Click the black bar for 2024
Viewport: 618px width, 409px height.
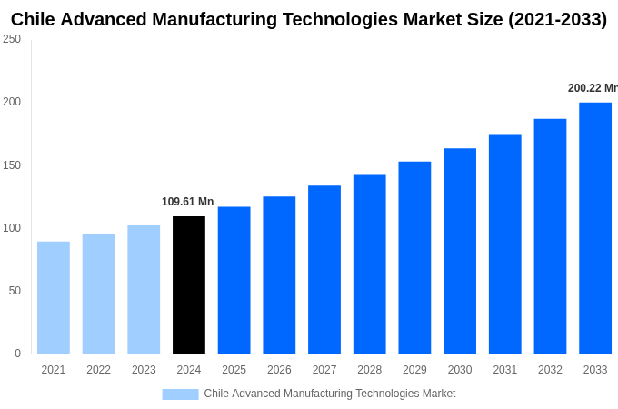tap(189, 284)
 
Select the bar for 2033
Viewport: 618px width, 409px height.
tap(595, 228)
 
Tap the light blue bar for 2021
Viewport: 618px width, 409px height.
tap(54, 297)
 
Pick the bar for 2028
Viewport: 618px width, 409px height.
tap(370, 264)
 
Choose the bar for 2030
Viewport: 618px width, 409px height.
tap(460, 251)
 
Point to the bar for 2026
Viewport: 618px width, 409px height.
tap(279, 274)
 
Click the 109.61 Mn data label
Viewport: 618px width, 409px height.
tap(188, 202)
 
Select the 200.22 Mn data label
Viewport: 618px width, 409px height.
tap(592, 88)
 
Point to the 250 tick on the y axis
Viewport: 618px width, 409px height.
tap(12, 39)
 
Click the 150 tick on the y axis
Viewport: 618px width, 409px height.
tap(12, 165)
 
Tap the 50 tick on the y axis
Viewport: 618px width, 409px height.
tap(15, 291)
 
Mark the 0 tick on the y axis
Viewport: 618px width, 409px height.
tap(17, 354)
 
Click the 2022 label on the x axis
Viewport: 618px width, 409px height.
tap(98, 370)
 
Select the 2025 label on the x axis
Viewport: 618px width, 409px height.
tap(234, 370)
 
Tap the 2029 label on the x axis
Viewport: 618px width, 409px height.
tap(414, 370)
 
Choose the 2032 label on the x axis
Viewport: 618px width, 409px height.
tap(550, 370)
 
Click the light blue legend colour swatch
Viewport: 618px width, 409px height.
tap(180, 394)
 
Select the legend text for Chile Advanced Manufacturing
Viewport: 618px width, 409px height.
tap(329, 394)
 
